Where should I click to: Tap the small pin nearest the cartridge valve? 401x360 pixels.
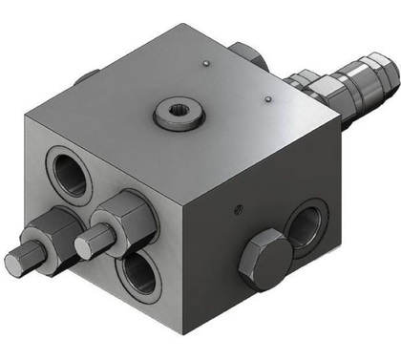[270, 97]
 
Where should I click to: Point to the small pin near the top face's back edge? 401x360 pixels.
[206, 64]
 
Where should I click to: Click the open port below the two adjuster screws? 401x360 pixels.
[139, 274]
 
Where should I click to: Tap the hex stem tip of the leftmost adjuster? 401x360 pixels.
[17, 261]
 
